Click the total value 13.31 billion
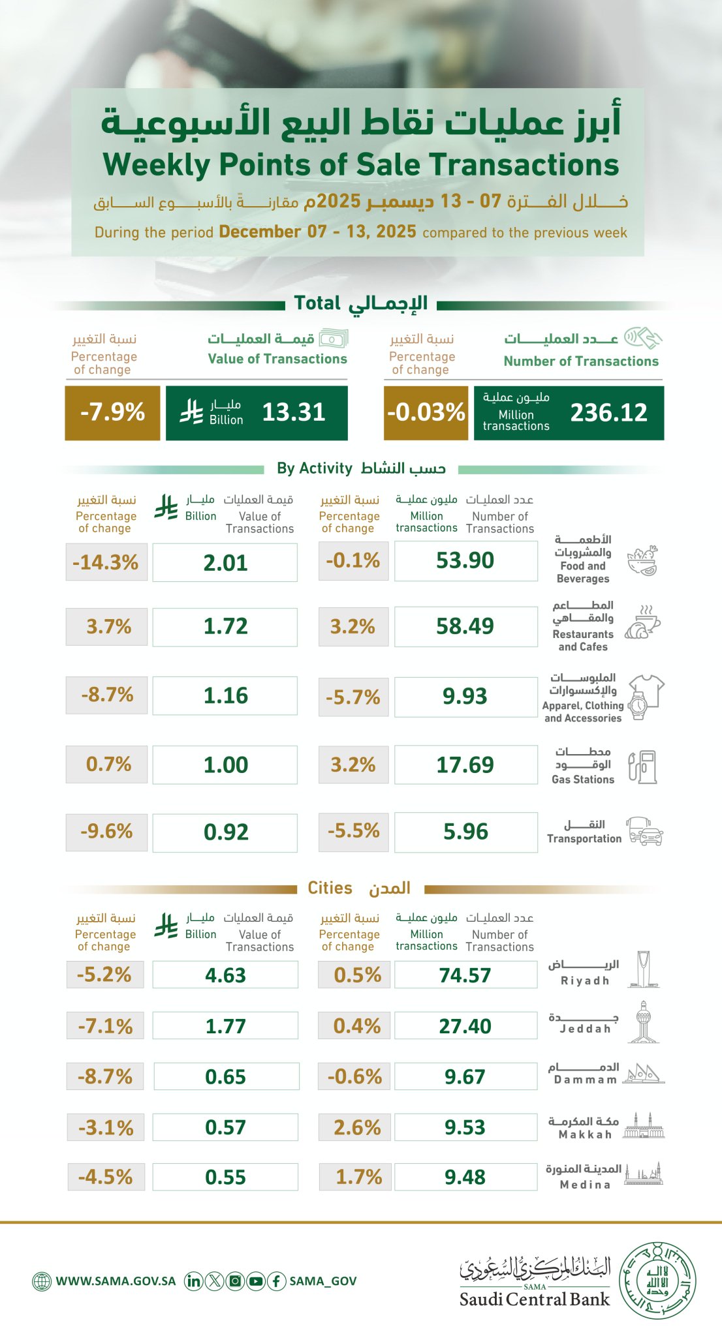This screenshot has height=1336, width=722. [293, 412]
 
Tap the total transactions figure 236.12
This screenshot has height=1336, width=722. [608, 412]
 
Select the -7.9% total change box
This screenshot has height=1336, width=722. [112, 412]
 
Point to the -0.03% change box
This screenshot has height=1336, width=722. [426, 412]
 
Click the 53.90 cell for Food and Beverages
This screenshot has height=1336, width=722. [465, 560]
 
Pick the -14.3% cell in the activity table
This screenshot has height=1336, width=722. [106, 562]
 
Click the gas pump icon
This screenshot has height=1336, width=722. [642, 767]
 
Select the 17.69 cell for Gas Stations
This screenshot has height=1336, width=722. [465, 765]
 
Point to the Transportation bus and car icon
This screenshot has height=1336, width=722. [644, 831]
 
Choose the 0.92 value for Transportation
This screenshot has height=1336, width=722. [226, 832]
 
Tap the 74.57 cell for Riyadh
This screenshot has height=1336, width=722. [465, 975]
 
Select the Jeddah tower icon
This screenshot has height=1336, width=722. [644, 1022]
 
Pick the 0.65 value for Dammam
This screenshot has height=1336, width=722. [226, 1076]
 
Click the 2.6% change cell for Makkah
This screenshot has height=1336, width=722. [357, 1127]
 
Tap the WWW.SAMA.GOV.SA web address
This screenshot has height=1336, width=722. [116, 1281]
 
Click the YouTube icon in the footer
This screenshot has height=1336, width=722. [256, 1281]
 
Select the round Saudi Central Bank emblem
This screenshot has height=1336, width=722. [657, 1281]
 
